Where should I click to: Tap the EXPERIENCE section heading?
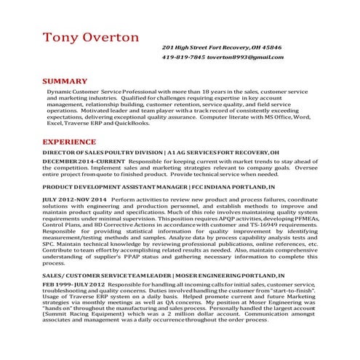(x=73, y=141)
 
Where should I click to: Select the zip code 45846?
(x=271, y=47)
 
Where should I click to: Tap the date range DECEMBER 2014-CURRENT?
(x=76, y=161)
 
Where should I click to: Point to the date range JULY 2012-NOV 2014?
(x=73, y=199)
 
